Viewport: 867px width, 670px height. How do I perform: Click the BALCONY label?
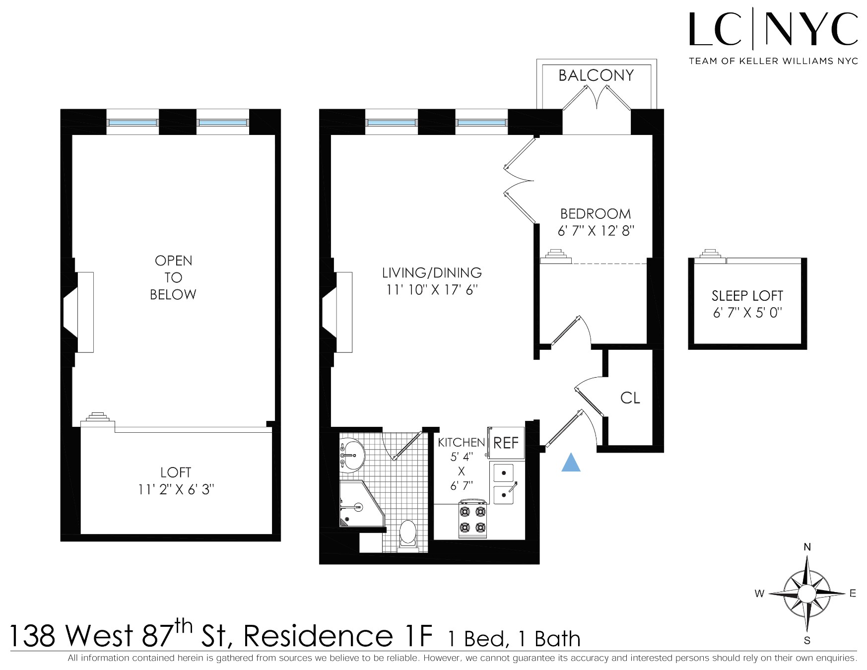[x=596, y=75]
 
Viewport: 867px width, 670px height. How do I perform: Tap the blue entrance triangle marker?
[x=571, y=463]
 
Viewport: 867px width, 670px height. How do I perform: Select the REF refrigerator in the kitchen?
[x=506, y=443]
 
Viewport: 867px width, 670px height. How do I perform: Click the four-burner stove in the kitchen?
[x=472, y=520]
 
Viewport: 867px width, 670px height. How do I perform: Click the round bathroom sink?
[x=353, y=454]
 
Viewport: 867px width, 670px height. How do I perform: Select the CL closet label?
[x=630, y=398]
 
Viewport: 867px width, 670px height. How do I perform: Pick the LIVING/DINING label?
[x=432, y=273]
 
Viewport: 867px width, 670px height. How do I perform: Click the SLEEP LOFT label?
[x=747, y=296]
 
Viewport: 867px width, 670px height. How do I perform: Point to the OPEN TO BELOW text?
[x=173, y=277]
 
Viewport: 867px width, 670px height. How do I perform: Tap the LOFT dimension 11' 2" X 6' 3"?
[x=176, y=490]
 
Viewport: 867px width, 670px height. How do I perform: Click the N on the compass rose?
[x=807, y=547]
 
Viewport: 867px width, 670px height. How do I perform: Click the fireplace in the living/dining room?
[x=337, y=312]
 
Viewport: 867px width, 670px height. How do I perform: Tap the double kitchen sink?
[x=504, y=484]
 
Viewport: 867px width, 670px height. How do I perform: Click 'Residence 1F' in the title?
[x=338, y=636]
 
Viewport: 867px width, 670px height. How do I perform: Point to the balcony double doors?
[x=597, y=98]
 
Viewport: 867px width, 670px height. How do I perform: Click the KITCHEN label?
[x=461, y=442]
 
